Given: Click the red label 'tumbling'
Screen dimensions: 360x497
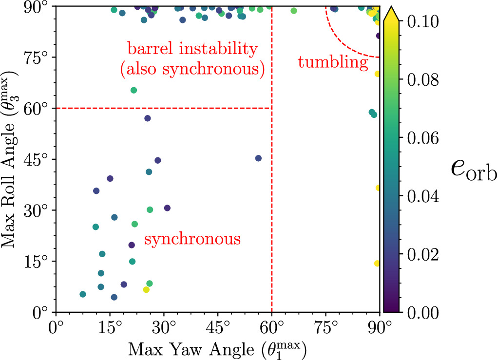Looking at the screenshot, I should click(x=332, y=62).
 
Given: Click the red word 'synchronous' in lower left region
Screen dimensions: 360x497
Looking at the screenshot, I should click(x=192, y=239).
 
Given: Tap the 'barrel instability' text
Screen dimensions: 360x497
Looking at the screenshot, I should click(x=191, y=49).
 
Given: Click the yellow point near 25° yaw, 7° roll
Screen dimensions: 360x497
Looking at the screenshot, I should click(x=146, y=290).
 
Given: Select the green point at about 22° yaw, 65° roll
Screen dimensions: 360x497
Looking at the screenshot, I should click(x=134, y=90).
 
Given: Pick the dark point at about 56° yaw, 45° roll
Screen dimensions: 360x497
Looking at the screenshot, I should click(x=258, y=158).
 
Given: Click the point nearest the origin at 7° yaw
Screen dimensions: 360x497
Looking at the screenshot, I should click(x=83, y=294).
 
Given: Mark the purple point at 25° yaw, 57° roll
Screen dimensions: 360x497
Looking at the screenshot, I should click(x=148, y=118).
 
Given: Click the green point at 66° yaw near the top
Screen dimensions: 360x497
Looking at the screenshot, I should click(x=294, y=11).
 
